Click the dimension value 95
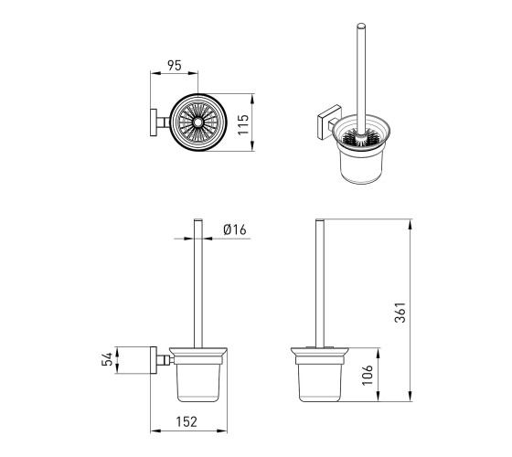coord(174,66)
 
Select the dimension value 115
coord(243,124)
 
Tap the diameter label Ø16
coord(235,229)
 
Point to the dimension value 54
coord(107,359)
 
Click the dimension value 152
coord(187,421)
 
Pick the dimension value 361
coord(400,313)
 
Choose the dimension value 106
coord(368,375)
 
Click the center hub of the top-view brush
coord(197,122)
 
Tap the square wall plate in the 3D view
coord(329,121)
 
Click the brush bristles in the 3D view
coord(360,138)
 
